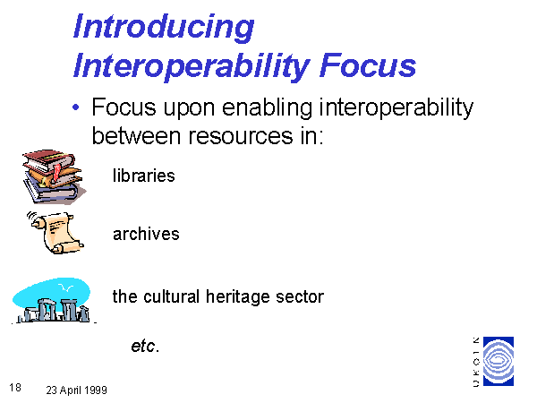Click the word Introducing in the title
[164, 28]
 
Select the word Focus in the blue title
[368, 65]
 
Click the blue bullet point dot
[76, 107]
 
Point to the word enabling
[267, 108]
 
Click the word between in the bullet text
[136, 135]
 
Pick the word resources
[241, 136]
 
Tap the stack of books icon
[54, 176]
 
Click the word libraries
[144, 176]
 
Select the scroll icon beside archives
[56, 232]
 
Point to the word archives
[146, 234]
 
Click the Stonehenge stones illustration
[55, 311]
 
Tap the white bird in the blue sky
[65, 287]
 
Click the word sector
[300, 296]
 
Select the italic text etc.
[145, 346]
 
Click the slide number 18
[15, 388]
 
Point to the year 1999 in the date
[96, 390]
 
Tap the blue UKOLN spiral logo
[499, 361]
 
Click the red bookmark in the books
[56, 172]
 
